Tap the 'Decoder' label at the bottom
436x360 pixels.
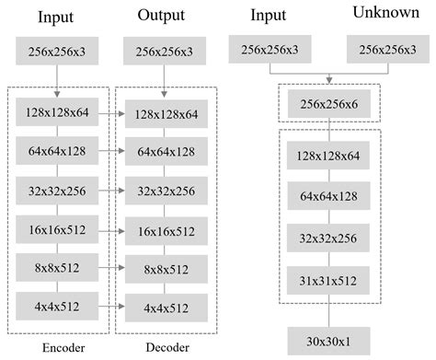pyautogui.click(x=167, y=347)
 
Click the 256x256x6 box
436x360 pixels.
pyautogui.click(x=328, y=106)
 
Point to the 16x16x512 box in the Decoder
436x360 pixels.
pyautogui.click(x=166, y=231)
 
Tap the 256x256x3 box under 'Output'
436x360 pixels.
pyautogui.click(x=165, y=52)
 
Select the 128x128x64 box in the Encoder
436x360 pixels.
pyautogui.click(x=56, y=113)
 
